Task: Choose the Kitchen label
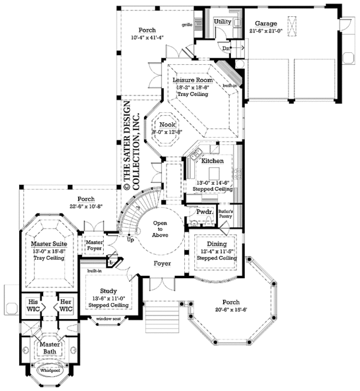(x=212, y=161)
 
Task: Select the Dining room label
(x=217, y=244)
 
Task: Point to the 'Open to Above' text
(x=160, y=226)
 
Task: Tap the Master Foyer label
(x=95, y=245)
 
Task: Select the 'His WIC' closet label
(x=33, y=305)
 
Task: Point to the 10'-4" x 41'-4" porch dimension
(x=147, y=37)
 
